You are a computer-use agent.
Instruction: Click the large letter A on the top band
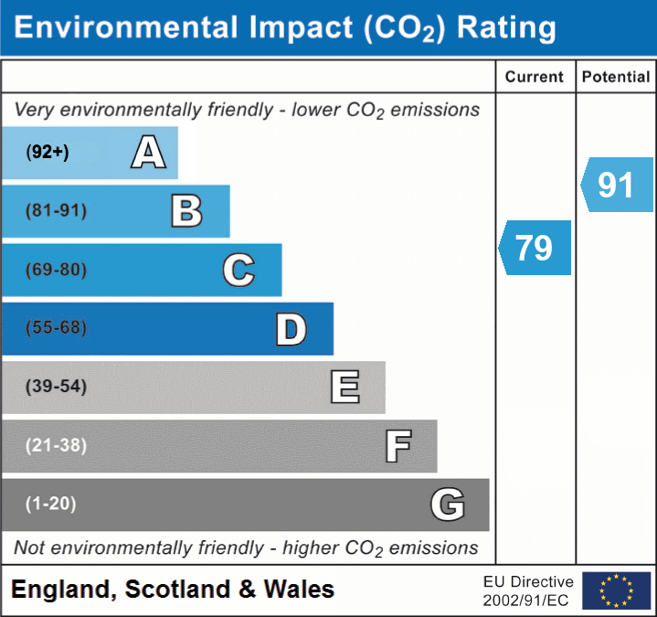[x=148, y=153]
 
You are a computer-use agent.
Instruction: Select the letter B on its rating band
[x=186, y=211]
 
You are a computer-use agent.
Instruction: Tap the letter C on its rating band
[x=238, y=270]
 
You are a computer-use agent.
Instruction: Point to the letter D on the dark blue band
[x=291, y=329]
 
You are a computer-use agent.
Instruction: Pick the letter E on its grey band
[x=344, y=388]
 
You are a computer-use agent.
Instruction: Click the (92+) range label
[x=48, y=153]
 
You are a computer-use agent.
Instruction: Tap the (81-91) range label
[x=56, y=211]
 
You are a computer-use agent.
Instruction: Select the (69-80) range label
[x=56, y=270]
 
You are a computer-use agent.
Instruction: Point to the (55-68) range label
[x=56, y=328]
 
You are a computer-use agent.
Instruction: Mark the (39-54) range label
[x=56, y=387]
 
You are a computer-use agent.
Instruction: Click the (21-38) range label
[x=56, y=446]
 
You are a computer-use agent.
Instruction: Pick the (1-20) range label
[x=50, y=504]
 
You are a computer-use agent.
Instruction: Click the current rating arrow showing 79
[x=535, y=248]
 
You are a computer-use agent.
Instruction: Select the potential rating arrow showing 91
[x=618, y=185]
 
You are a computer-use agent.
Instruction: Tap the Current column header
[x=535, y=78]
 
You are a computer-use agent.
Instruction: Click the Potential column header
[x=616, y=78]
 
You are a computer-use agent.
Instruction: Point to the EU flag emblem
[x=616, y=590]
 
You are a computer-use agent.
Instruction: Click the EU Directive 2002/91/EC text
[x=528, y=590]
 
